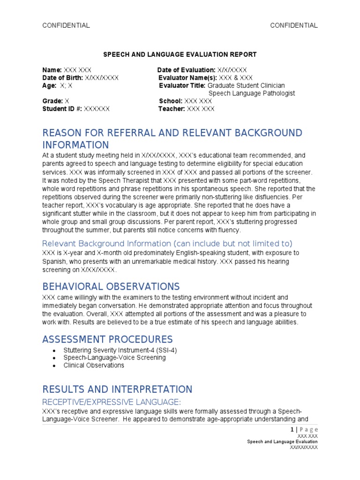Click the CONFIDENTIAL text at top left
point(66,25)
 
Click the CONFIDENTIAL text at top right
point(294,25)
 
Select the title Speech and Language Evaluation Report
point(180,55)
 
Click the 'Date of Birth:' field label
point(62,78)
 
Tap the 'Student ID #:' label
point(62,109)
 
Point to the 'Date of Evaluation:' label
point(186,70)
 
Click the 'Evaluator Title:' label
point(182,86)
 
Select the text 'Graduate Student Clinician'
point(246,86)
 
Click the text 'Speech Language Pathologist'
point(252,93)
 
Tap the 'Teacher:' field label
point(172,109)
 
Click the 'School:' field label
point(171,101)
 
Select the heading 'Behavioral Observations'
point(111,286)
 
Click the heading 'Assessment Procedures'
point(107,339)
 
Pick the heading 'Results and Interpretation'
point(117,390)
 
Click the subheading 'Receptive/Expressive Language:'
point(112,402)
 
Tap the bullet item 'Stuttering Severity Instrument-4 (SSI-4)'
point(120,350)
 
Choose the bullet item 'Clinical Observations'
point(94,365)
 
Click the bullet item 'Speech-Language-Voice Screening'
point(114,358)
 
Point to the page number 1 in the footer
point(292,429)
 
